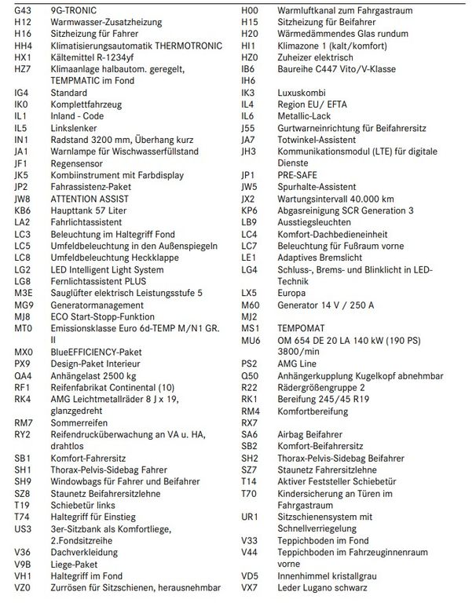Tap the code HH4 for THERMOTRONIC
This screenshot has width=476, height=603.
(x=23, y=46)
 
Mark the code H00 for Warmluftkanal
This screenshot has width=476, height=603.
(x=250, y=10)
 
